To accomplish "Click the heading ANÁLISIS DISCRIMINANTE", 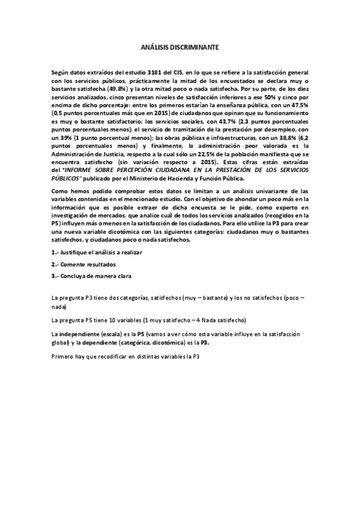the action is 180,46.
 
